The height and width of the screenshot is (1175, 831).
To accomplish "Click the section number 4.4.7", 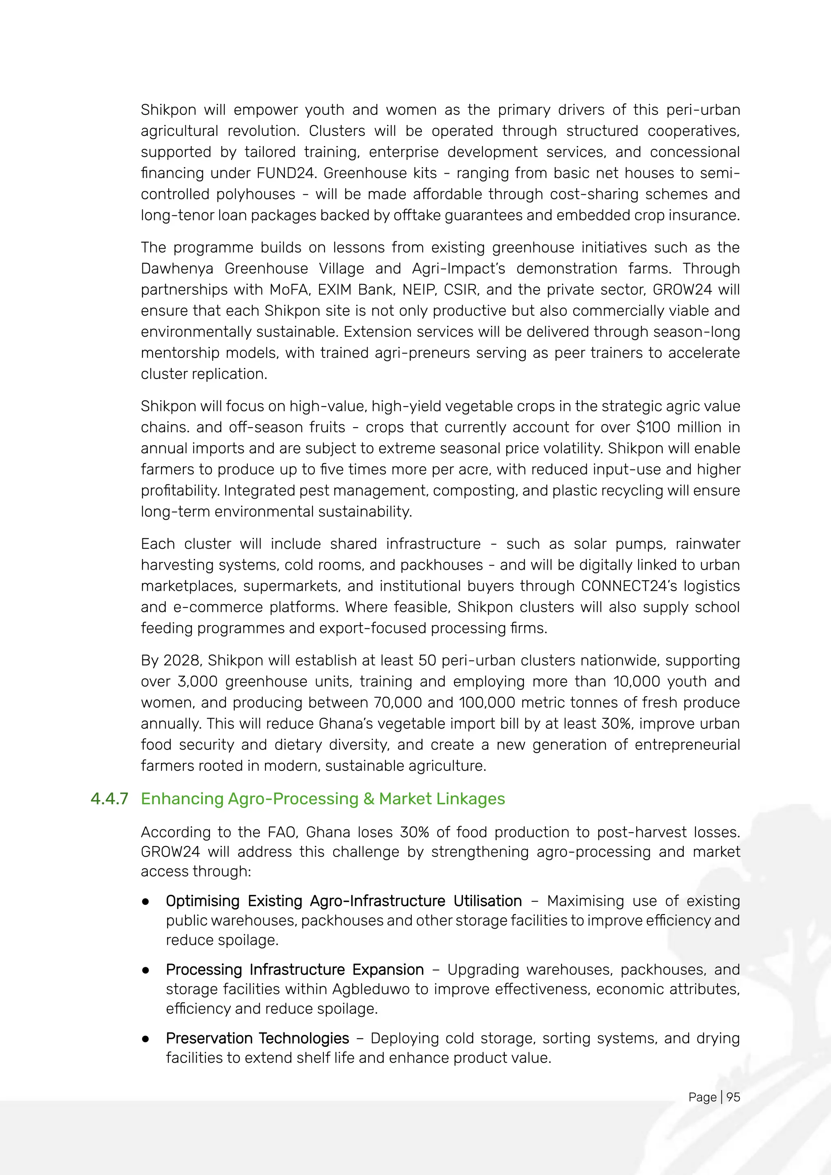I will (x=109, y=799).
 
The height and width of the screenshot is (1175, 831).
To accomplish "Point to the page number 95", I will (x=733, y=1097).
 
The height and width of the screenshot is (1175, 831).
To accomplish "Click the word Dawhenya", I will (x=177, y=269).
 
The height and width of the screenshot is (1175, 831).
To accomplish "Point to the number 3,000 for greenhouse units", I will (x=197, y=682).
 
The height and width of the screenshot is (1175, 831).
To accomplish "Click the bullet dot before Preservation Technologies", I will (x=146, y=1039).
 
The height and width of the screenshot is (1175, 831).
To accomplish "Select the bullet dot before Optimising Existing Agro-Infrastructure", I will (x=146, y=901).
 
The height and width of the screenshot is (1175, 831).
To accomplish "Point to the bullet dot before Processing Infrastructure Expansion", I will (x=146, y=970).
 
